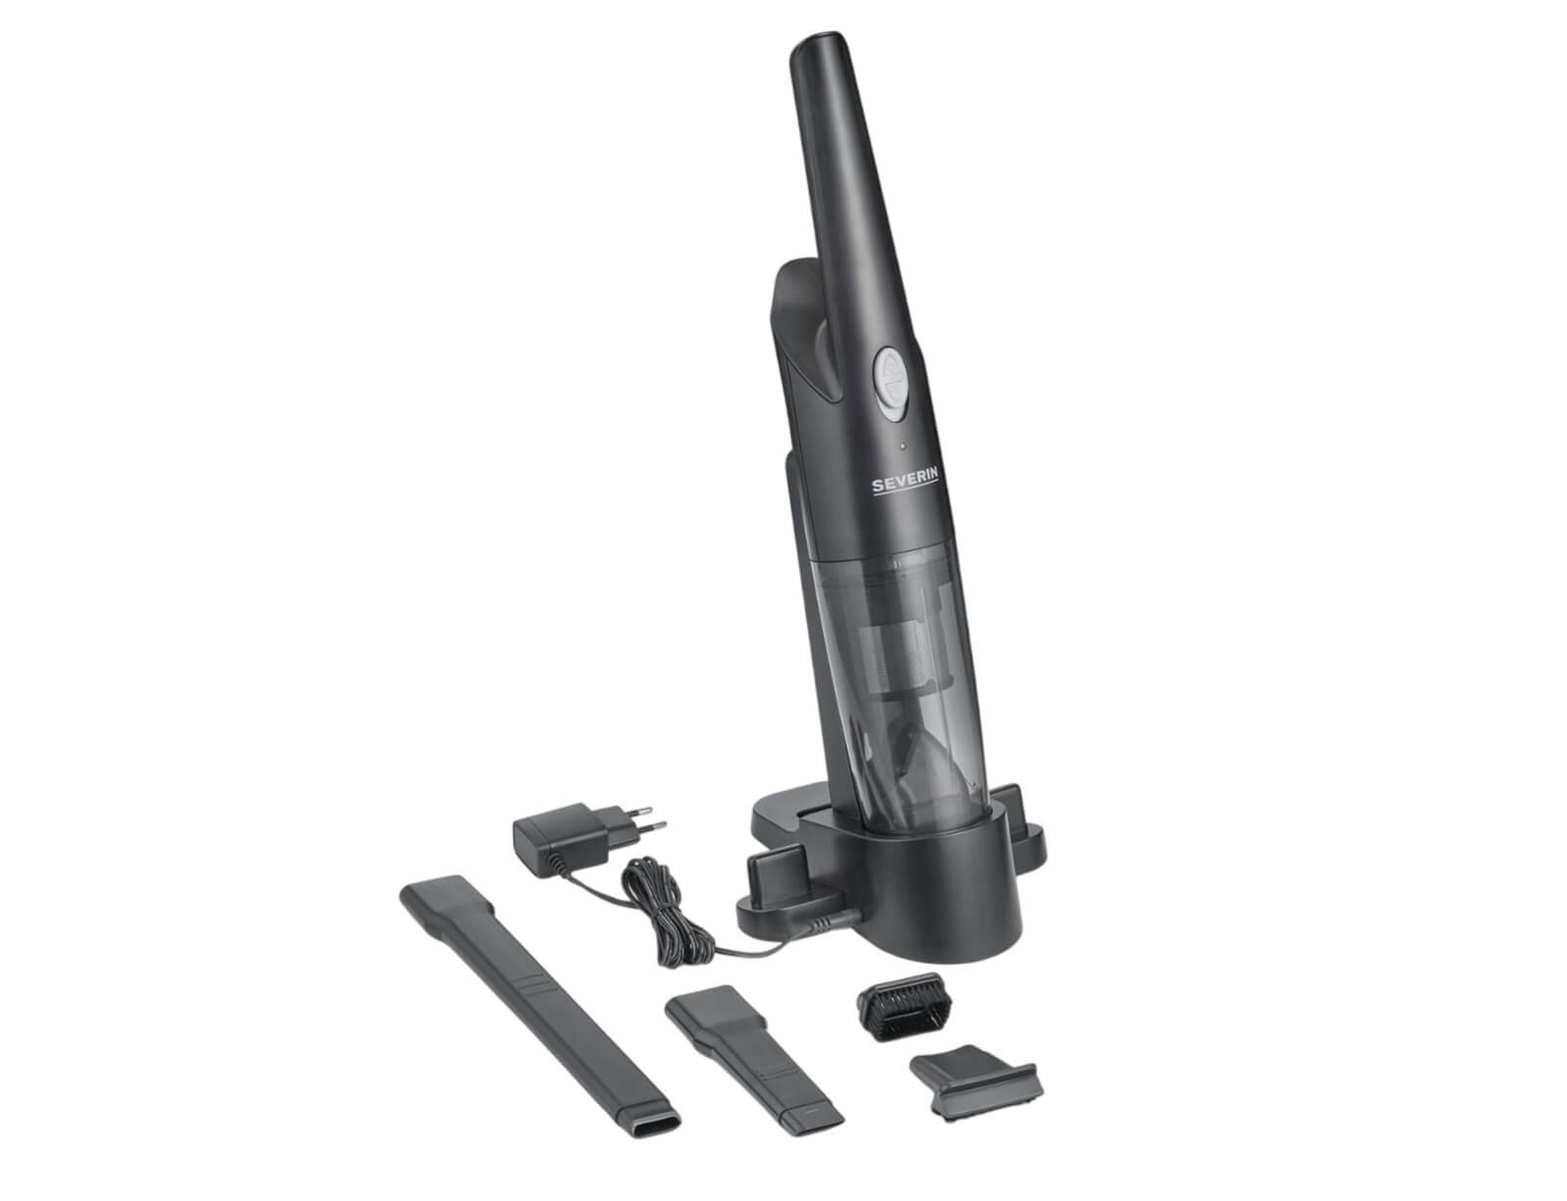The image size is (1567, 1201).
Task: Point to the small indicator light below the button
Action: [902, 446]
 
